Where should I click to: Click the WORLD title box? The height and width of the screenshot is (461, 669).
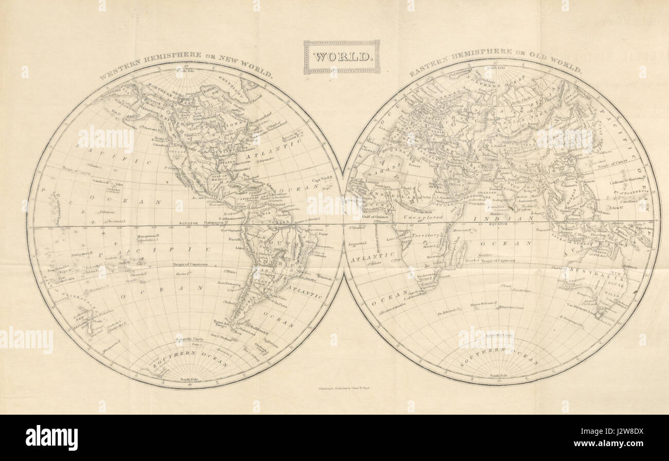[342, 57]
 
